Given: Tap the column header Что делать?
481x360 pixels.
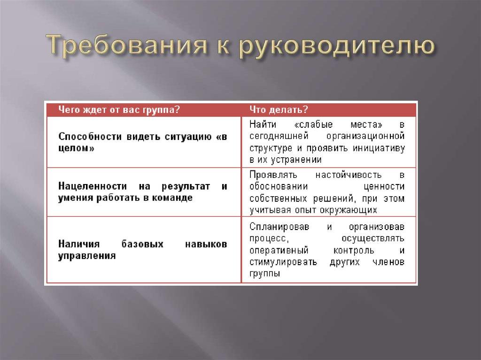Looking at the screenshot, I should click(x=272, y=109).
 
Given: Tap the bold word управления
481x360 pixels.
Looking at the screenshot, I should click(x=87, y=256).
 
